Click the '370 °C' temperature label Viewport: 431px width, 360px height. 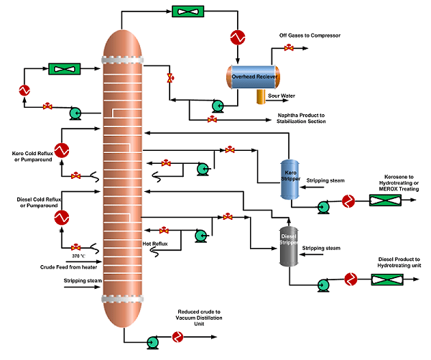(x=80, y=257)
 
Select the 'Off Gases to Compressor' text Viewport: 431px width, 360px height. (x=311, y=35)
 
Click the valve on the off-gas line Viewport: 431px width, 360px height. (x=289, y=48)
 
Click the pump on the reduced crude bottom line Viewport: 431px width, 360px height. (x=152, y=342)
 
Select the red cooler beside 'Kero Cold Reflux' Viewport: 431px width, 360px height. (x=62, y=150)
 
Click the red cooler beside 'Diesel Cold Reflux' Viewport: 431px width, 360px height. (x=62, y=216)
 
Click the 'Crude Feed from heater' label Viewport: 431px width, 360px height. (x=63, y=267)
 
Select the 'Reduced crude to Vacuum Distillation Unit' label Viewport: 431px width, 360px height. (x=201, y=318)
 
